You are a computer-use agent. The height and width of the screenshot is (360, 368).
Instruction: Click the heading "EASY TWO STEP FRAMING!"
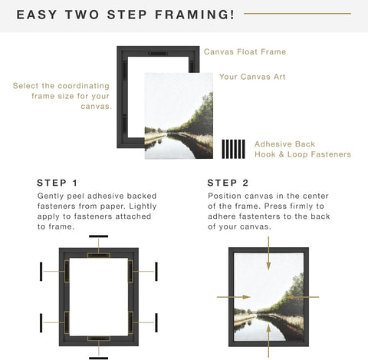click(126, 15)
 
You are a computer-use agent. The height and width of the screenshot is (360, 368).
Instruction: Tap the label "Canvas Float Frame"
click(245, 52)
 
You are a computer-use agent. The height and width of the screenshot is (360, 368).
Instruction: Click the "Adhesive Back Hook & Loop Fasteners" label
click(302, 149)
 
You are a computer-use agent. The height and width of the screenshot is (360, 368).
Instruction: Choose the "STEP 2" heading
click(228, 183)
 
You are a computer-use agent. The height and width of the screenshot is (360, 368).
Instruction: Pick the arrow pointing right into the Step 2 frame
click(228, 296)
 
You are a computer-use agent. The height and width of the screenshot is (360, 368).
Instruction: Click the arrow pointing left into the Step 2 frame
click(308, 296)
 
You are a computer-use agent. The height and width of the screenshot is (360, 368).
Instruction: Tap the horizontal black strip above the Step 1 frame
click(98, 237)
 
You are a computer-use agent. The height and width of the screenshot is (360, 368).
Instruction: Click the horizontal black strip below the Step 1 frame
click(98, 357)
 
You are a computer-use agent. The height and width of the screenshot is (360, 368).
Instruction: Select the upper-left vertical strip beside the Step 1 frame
click(41, 271)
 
